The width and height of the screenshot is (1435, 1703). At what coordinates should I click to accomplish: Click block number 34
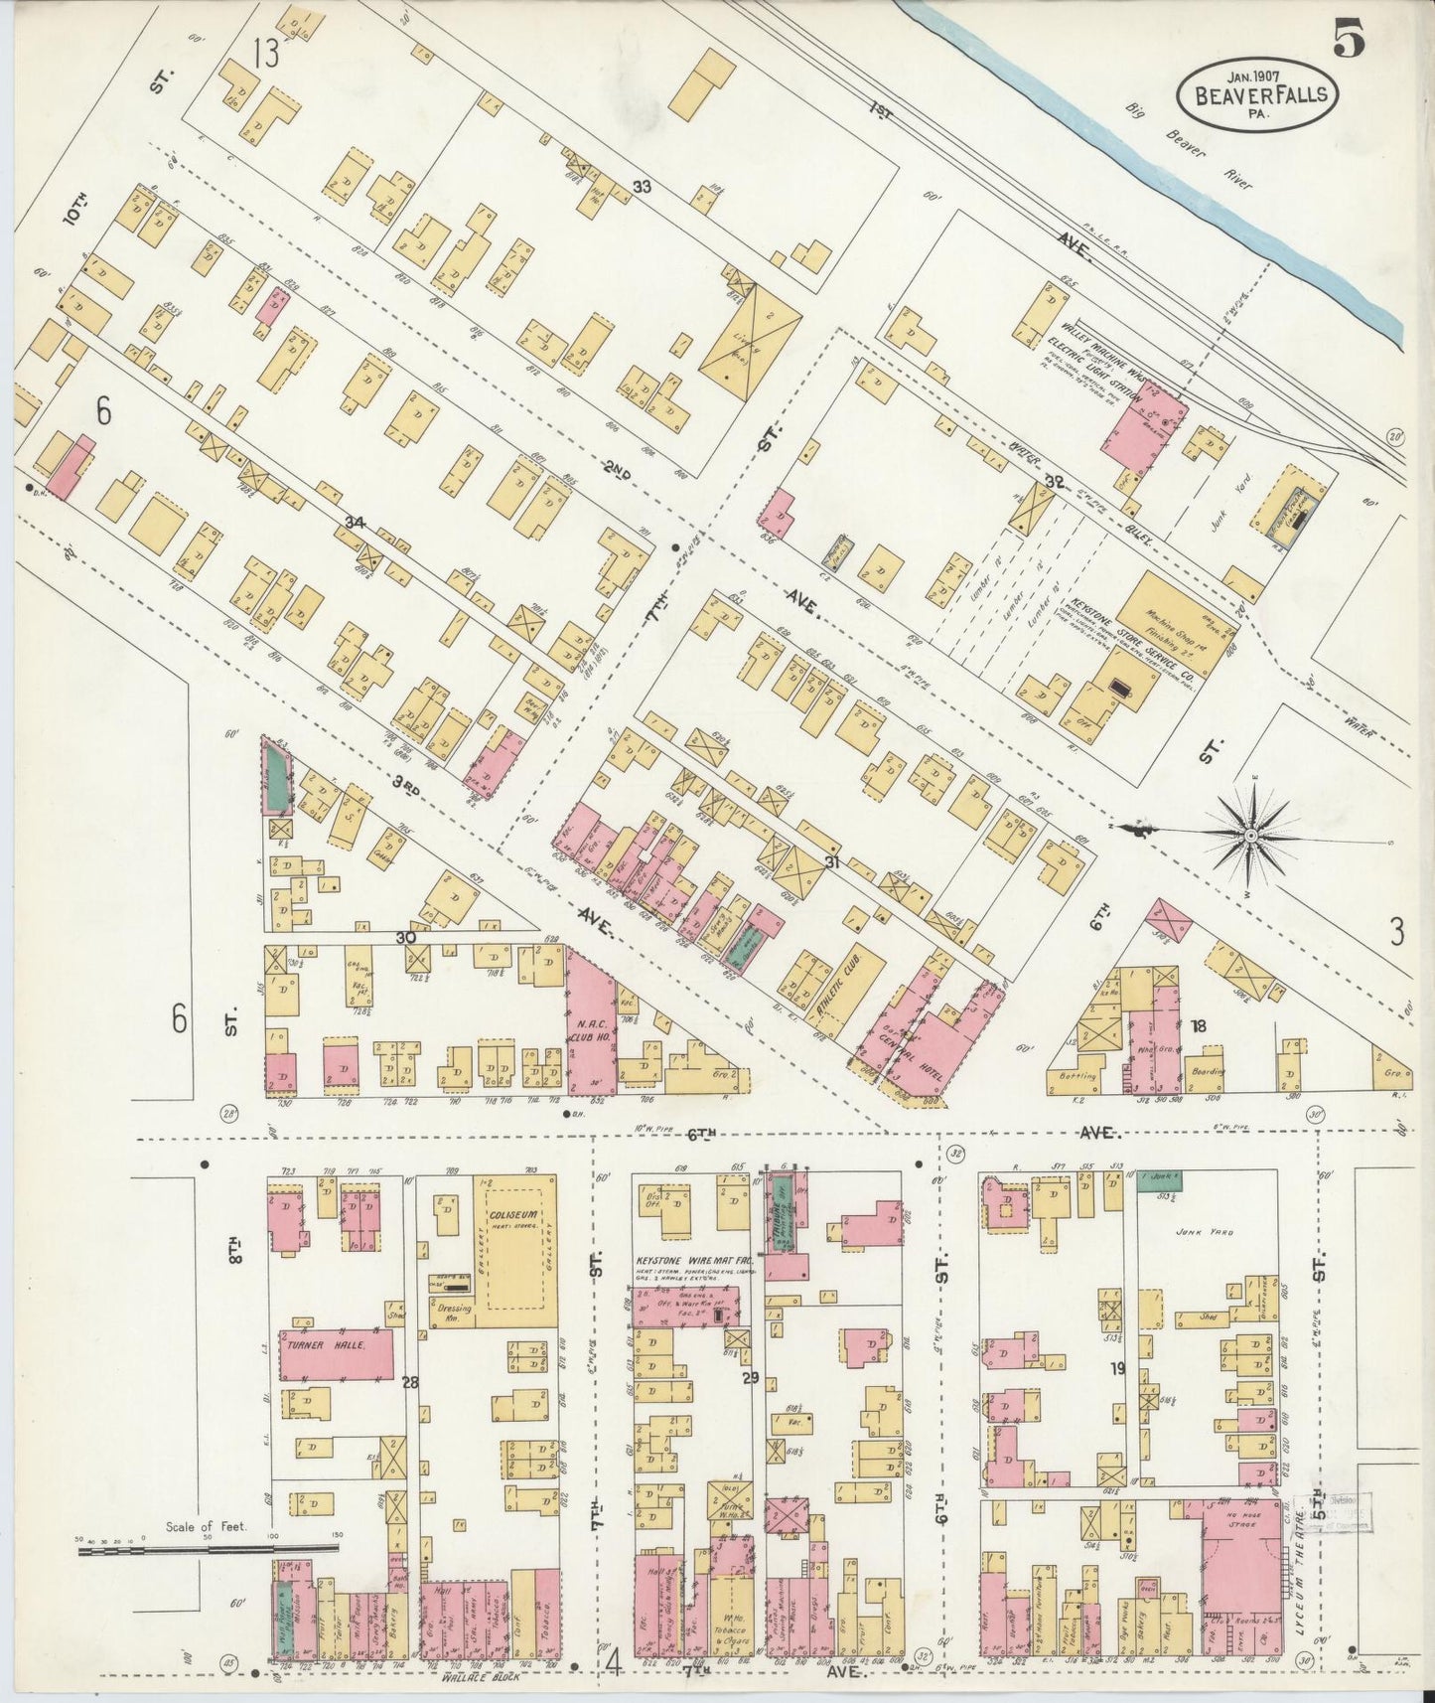(354, 522)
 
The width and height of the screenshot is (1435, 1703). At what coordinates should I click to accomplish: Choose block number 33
(642, 186)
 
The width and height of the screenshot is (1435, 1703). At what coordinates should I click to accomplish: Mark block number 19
(1118, 1368)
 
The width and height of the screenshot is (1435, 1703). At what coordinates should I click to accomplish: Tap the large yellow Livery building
(751, 341)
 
